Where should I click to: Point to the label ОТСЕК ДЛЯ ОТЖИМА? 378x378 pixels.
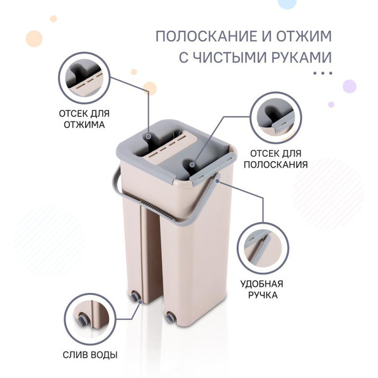(84, 119)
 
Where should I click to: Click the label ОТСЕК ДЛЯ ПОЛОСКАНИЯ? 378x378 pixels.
(275, 159)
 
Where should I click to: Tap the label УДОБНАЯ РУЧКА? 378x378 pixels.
(262, 289)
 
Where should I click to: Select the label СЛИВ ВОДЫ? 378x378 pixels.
(90, 355)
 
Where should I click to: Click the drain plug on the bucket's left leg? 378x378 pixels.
(135, 295)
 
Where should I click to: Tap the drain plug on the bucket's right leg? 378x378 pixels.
(170, 316)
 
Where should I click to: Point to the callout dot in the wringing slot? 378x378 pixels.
(149, 137)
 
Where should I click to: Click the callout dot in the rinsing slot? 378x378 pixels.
(192, 165)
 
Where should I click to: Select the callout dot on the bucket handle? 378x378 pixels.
(217, 181)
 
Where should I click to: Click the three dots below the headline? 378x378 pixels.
(323, 73)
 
